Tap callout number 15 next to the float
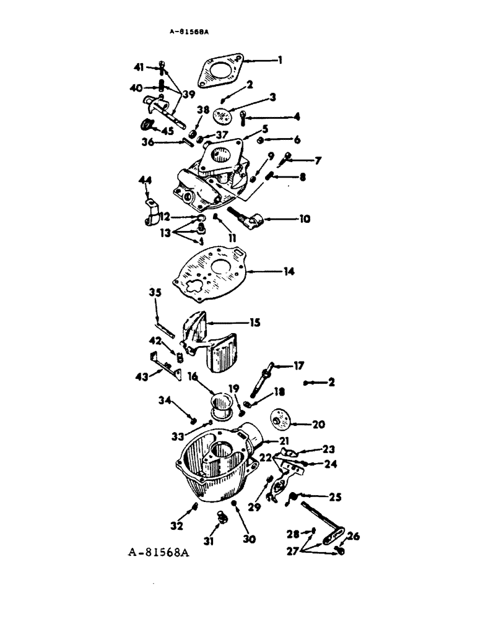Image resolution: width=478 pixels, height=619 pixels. click(x=255, y=322)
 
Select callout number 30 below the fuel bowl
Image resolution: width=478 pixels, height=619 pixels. click(x=249, y=539)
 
